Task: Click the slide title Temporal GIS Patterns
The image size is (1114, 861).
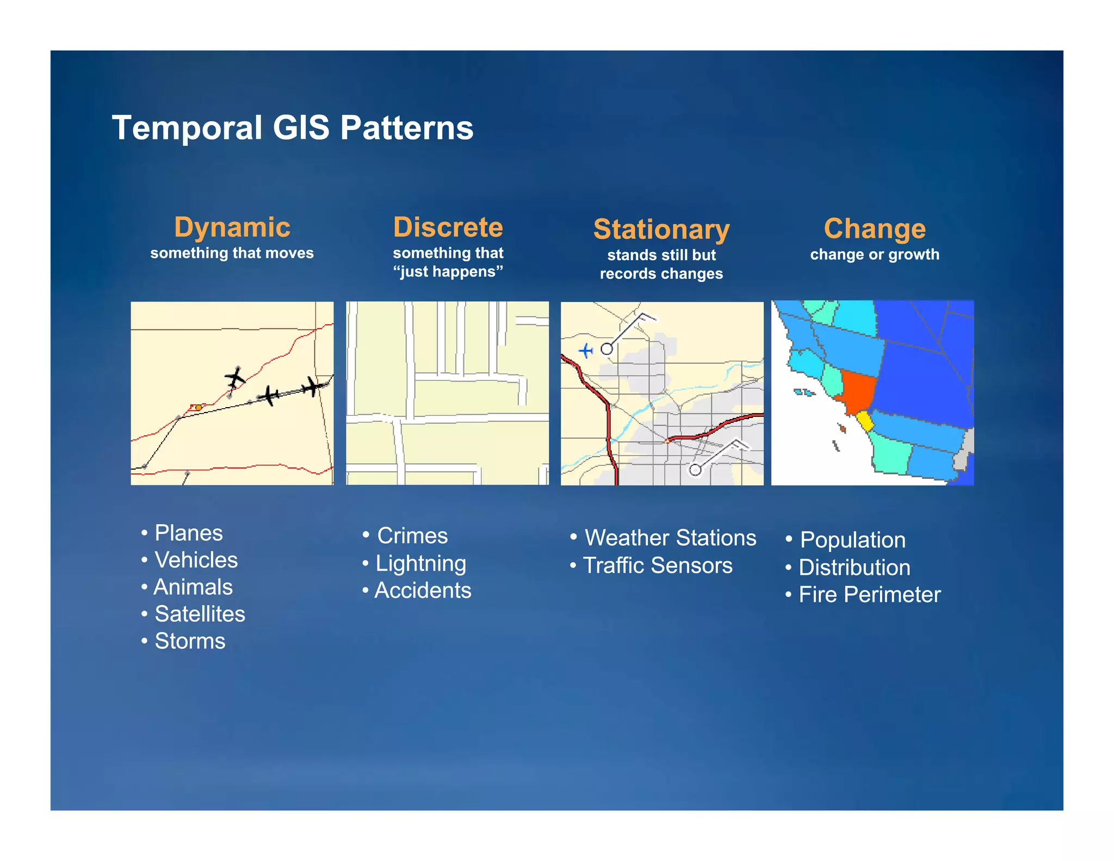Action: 292,128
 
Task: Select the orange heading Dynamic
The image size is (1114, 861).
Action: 232,227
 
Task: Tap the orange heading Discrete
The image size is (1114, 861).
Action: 448,227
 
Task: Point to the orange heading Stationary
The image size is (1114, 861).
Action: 661,230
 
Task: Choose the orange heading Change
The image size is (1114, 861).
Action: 874,229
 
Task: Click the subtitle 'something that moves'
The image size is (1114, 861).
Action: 232,253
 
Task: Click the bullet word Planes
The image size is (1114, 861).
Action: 188,533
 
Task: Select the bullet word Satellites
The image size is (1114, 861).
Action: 200,614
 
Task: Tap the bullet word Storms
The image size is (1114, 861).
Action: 189,642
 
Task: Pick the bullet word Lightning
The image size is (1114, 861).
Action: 420,564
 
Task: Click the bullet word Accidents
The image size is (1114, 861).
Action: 423,591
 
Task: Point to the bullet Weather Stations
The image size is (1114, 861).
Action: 670,538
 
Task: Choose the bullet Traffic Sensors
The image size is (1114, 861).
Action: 657,566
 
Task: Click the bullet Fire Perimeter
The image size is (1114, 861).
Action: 869,595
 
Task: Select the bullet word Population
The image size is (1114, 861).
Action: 852,540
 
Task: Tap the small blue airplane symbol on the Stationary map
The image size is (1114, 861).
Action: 585,350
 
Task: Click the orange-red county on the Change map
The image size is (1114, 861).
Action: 857,391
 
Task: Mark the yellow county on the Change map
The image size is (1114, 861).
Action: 864,421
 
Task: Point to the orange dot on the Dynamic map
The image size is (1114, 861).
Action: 199,407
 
